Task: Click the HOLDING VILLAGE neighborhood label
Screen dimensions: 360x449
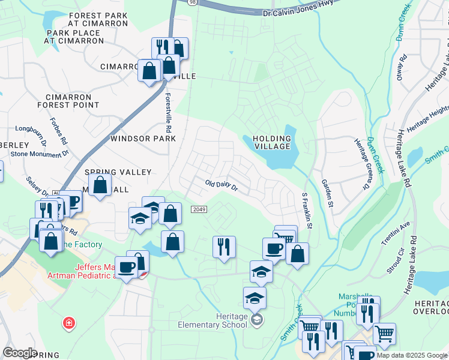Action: [x=272, y=143]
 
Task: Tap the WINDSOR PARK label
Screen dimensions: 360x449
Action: [x=143, y=139]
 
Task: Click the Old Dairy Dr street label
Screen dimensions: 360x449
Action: [x=221, y=186]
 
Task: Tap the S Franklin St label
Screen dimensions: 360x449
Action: [x=307, y=211]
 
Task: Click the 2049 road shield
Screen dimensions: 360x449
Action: [x=200, y=209]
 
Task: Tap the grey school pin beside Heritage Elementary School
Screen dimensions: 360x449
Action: [x=257, y=319]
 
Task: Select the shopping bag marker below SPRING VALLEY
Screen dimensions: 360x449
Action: [x=100, y=185]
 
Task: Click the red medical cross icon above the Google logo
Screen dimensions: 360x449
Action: [x=69, y=323]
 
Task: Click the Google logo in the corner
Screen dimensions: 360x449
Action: [x=20, y=352]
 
